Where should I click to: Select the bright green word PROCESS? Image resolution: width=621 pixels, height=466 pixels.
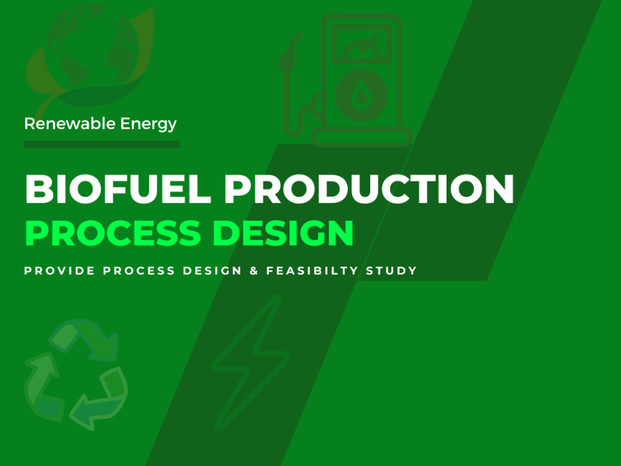112,234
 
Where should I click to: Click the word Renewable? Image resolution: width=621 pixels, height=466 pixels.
62,124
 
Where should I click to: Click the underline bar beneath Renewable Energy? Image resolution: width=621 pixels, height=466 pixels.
102,144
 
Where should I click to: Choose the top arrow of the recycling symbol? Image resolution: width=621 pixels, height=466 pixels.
84,336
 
